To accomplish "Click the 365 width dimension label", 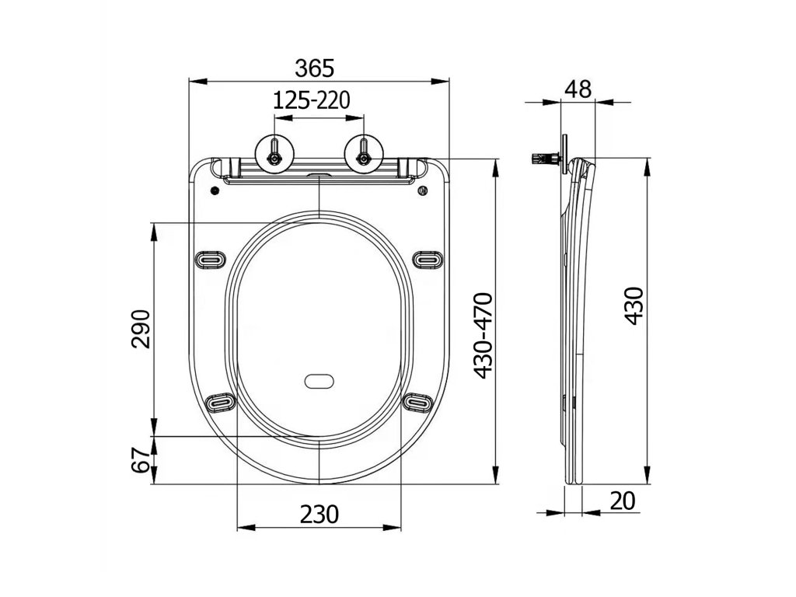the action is pyautogui.click(x=315, y=68).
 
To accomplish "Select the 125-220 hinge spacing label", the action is pyautogui.click(x=312, y=100).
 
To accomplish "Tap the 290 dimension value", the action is pyautogui.click(x=141, y=329).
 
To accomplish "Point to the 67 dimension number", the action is pyautogui.click(x=141, y=460).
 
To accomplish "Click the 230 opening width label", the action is pyautogui.click(x=319, y=515).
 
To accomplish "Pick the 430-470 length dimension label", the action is pyautogui.click(x=483, y=336).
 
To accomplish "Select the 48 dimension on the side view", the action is pyautogui.click(x=578, y=89).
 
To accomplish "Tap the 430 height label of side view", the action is pyautogui.click(x=634, y=306).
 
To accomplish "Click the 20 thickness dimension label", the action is pyautogui.click(x=623, y=501).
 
